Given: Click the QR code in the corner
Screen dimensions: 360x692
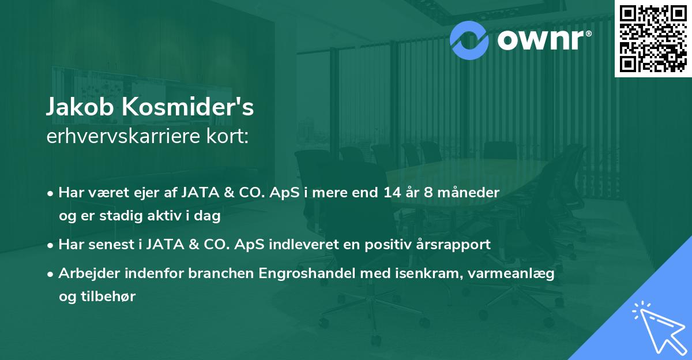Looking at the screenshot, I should click(x=653, y=39).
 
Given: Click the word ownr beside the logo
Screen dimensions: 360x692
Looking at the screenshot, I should click(x=540, y=39).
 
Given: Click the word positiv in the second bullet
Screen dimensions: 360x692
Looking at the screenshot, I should click(x=384, y=244).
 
